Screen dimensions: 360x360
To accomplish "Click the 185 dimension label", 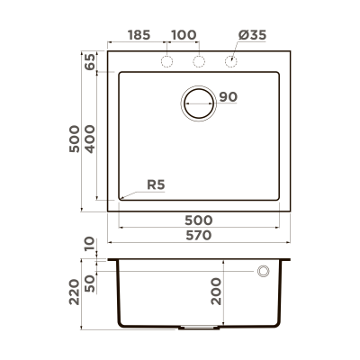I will (139, 35).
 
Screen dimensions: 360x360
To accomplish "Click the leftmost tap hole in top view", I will (166, 61).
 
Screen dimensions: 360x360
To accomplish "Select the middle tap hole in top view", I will (199, 61).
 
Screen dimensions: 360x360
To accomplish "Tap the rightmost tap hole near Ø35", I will (231, 61).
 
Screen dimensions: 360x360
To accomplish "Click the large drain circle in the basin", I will (199, 103).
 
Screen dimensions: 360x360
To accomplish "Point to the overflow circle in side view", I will (265, 271).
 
